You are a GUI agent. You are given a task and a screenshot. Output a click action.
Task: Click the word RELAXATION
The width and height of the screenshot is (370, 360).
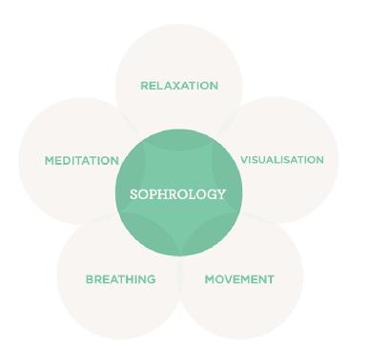tap(179, 86)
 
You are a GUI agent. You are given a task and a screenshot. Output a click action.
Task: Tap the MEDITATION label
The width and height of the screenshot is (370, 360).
tap(82, 161)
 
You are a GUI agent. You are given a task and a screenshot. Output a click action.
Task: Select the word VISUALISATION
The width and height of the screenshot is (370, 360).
tap(282, 160)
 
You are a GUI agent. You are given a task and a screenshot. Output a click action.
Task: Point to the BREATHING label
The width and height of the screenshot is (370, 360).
tap(121, 279)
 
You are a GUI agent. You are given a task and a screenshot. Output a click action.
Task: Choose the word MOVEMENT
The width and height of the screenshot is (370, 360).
tap(239, 279)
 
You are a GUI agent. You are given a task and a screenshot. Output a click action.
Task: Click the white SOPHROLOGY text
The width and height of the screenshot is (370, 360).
tap(178, 194)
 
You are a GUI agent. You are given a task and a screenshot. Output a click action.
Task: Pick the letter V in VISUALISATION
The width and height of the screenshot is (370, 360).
tap(245, 160)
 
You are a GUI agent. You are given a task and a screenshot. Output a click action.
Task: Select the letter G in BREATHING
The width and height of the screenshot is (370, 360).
tap(151, 279)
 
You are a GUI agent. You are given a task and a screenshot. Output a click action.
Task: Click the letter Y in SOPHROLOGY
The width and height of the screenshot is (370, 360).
tap(221, 194)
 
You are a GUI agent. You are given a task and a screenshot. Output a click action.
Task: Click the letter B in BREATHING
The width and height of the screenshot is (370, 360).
tap(90, 279)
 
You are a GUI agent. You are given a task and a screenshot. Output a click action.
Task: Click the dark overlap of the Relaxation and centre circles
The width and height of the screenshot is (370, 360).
tap(178, 138)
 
